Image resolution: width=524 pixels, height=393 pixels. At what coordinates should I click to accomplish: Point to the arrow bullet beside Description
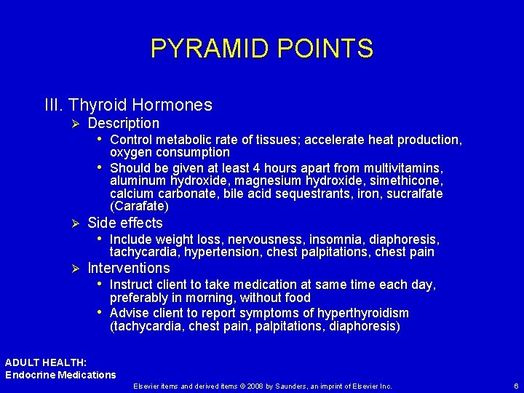[72, 124]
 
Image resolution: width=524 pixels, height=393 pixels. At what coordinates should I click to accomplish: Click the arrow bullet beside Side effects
[72, 223]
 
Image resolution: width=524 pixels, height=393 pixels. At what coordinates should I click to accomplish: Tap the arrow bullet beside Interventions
[72, 269]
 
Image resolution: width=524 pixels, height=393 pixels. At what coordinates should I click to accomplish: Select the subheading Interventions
[128, 269]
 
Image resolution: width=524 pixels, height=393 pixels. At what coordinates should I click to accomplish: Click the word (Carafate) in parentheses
[139, 206]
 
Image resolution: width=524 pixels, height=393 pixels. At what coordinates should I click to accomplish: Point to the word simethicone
[408, 180]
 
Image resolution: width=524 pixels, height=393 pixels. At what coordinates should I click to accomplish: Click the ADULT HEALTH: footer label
[46, 362]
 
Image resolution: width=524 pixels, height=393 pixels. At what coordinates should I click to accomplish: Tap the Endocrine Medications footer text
[60, 375]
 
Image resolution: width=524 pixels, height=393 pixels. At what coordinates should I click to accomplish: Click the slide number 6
[515, 386]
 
